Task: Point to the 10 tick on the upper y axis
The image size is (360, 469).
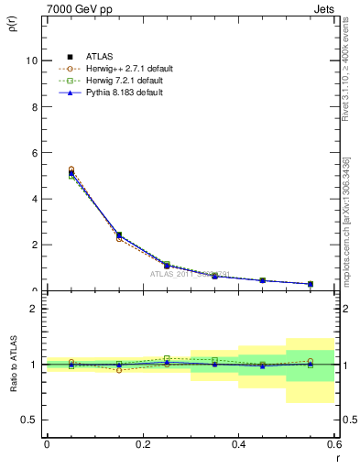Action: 33,60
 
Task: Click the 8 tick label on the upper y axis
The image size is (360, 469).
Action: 35,106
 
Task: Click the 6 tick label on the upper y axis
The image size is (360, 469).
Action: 35,152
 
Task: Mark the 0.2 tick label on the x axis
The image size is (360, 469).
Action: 142,444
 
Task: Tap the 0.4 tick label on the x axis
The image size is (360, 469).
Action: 238,444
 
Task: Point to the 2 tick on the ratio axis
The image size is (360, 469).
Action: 35,309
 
